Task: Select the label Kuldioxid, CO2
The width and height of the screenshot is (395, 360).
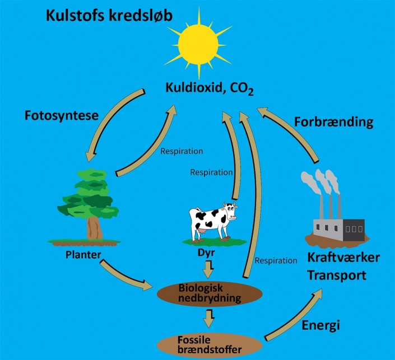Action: pyautogui.click(x=209, y=88)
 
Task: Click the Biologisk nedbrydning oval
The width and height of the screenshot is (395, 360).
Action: pyautogui.click(x=210, y=293)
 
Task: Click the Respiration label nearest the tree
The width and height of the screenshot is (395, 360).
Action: pyautogui.click(x=182, y=151)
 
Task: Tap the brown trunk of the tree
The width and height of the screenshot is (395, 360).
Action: pyautogui.click(x=92, y=227)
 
